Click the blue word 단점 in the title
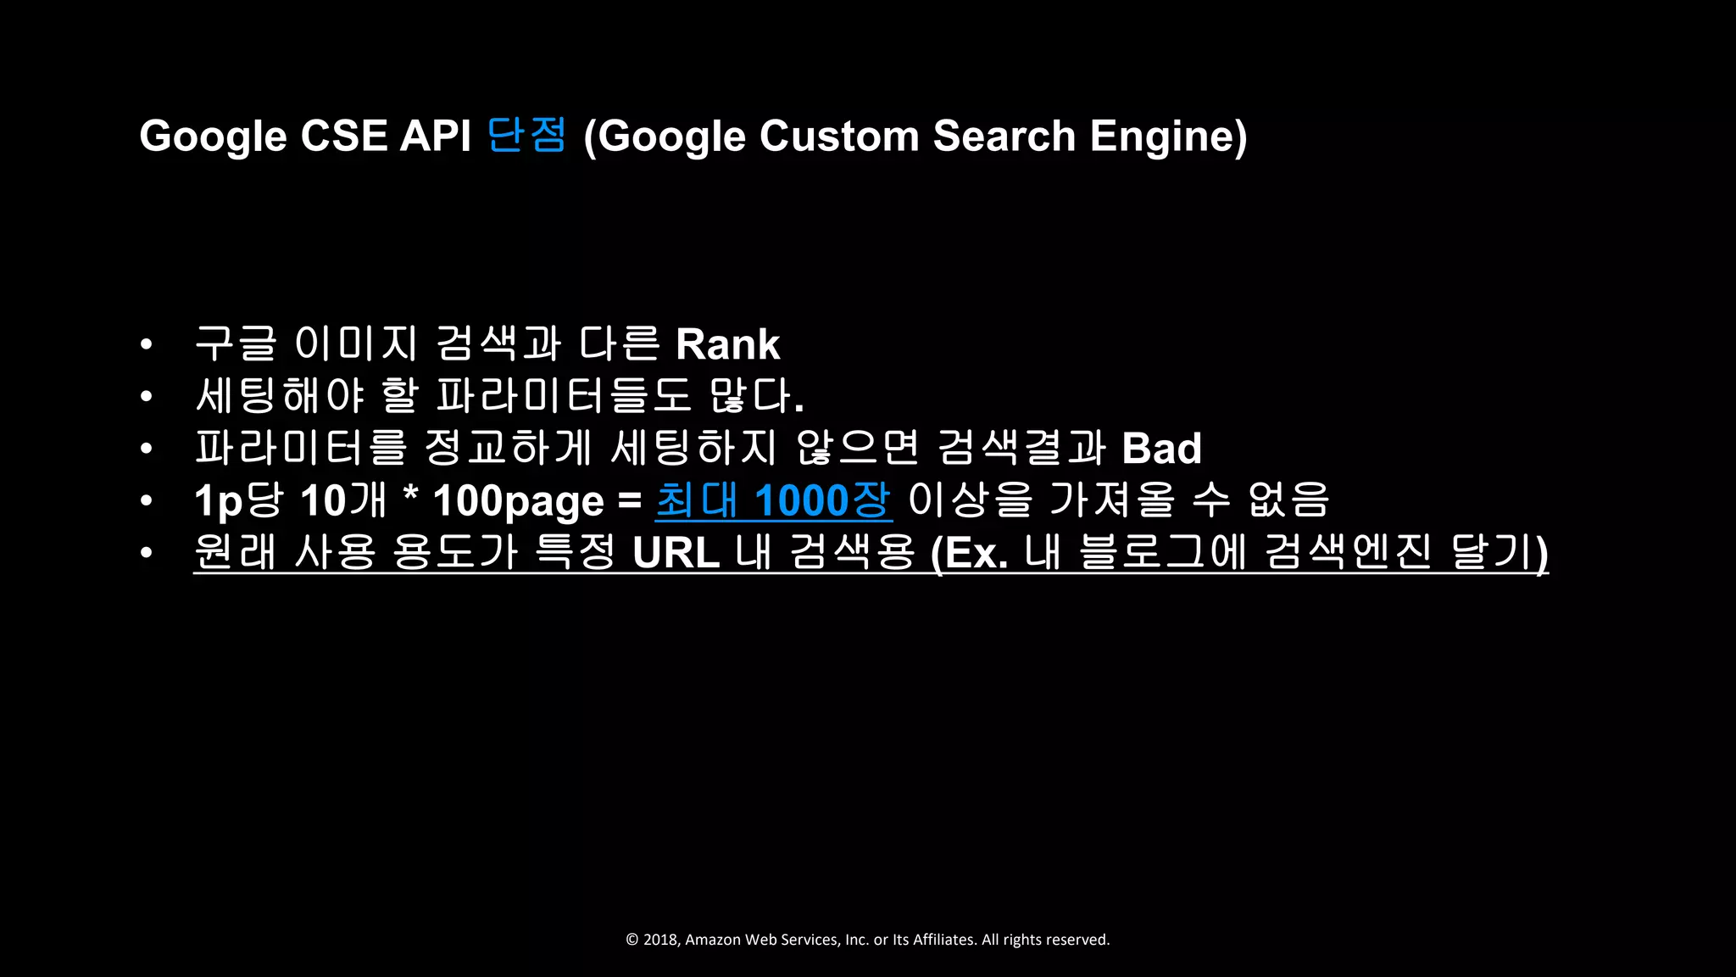coord(526,135)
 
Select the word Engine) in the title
coord(1168,136)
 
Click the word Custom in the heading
coord(839,136)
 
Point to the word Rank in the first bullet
coord(727,344)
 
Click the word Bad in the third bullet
coord(1161,449)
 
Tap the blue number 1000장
coord(821,500)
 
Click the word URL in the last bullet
coord(676,553)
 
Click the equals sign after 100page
coord(630,501)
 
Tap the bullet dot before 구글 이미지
coord(147,344)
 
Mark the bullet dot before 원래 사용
coord(147,553)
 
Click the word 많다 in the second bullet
coord(754,396)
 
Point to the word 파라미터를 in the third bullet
coord(301,449)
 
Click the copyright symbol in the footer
coord(632,940)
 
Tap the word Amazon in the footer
coord(712,940)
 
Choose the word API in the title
coord(435,136)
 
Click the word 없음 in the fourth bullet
coord(1288,500)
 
